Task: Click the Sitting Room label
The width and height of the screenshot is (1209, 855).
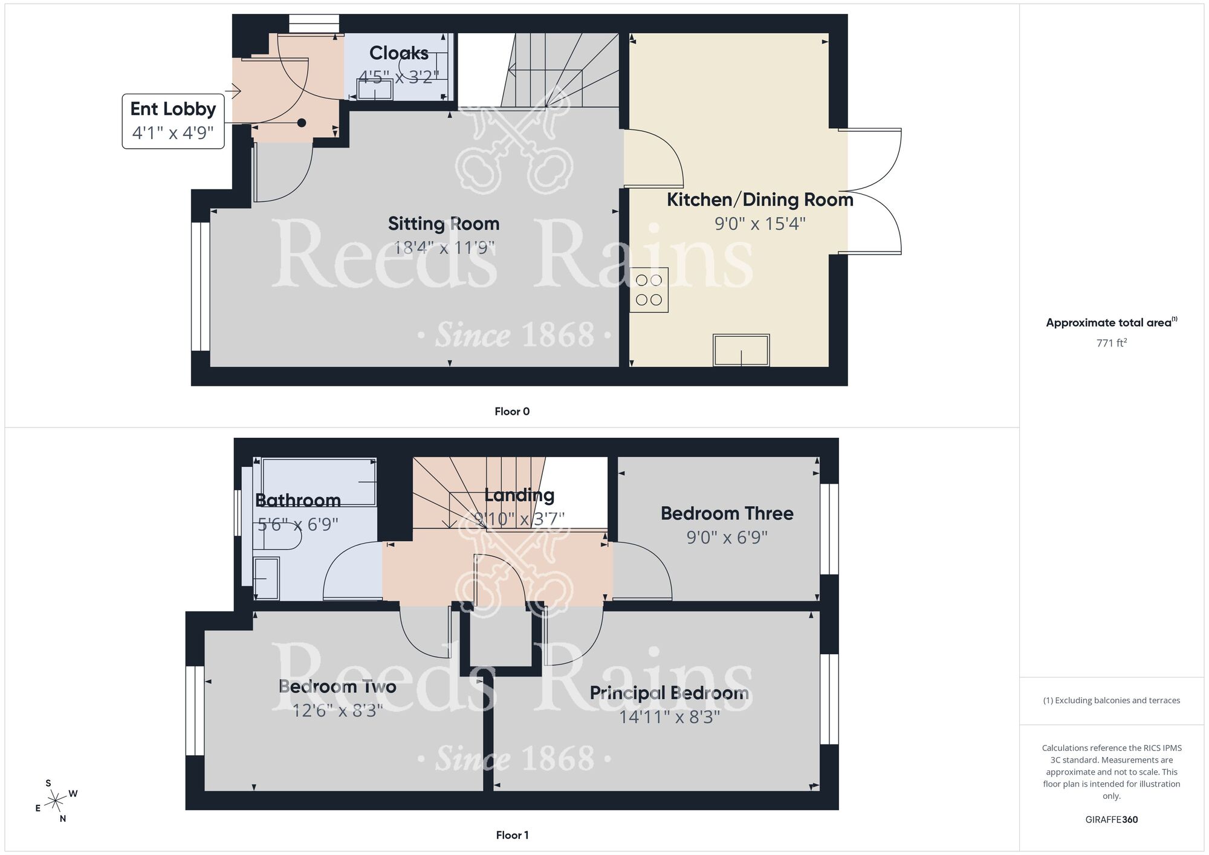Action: (444, 224)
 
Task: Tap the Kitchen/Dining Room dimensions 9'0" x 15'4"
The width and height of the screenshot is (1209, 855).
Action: (760, 224)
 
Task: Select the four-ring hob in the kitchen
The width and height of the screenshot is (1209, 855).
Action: (649, 290)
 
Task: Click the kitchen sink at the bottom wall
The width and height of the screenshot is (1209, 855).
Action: (741, 350)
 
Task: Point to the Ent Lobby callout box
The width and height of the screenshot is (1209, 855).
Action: (173, 121)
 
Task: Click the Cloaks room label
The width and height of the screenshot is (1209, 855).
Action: (399, 53)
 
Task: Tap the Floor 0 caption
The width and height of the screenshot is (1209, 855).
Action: (512, 412)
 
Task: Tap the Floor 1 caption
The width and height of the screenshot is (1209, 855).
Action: (512, 835)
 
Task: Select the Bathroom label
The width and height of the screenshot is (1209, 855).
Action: (298, 501)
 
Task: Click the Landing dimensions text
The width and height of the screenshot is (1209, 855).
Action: (519, 519)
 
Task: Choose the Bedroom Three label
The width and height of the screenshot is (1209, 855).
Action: (727, 513)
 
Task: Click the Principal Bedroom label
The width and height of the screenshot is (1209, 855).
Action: (669, 693)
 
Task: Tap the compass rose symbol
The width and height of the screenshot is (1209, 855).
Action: (56, 801)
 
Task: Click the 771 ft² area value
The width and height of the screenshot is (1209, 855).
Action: (1112, 343)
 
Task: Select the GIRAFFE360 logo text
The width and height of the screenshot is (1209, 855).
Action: (1112, 820)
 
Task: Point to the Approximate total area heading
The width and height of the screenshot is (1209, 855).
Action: (1112, 322)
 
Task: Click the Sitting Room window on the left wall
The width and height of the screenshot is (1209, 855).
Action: (200, 287)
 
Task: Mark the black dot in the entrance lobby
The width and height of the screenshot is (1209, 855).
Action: (302, 123)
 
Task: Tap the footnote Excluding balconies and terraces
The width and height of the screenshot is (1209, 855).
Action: (1112, 700)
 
